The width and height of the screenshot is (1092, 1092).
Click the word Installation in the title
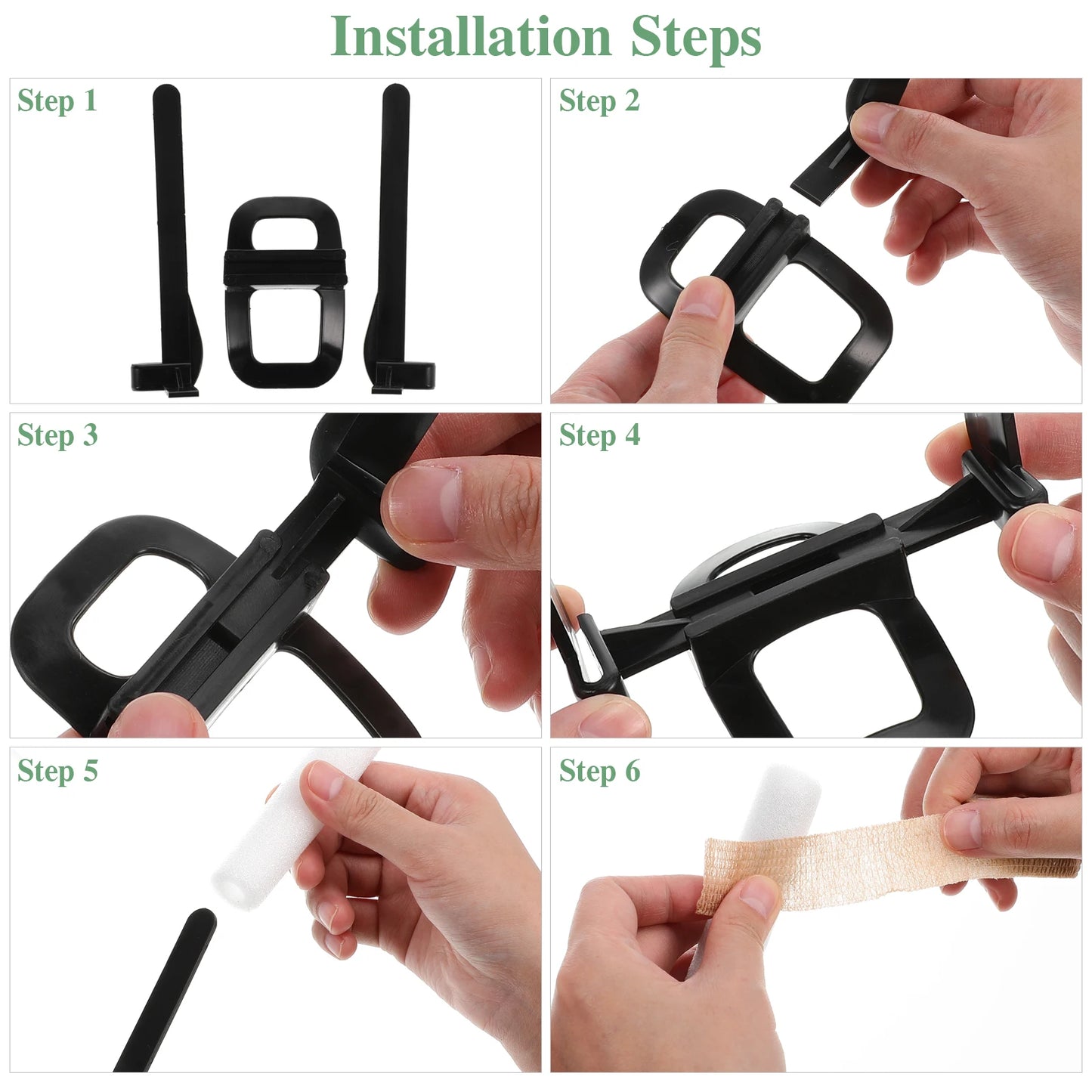(470, 36)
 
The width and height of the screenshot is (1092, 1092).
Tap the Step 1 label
(57, 101)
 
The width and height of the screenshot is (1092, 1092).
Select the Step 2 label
(599, 101)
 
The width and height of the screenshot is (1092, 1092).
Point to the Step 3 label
(57, 435)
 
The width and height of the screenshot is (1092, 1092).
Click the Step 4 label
(599, 435)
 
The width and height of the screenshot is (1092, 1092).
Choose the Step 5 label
(57, 771)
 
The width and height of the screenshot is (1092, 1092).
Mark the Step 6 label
(599, 771)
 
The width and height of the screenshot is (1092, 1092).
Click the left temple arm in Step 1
(169, 227)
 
